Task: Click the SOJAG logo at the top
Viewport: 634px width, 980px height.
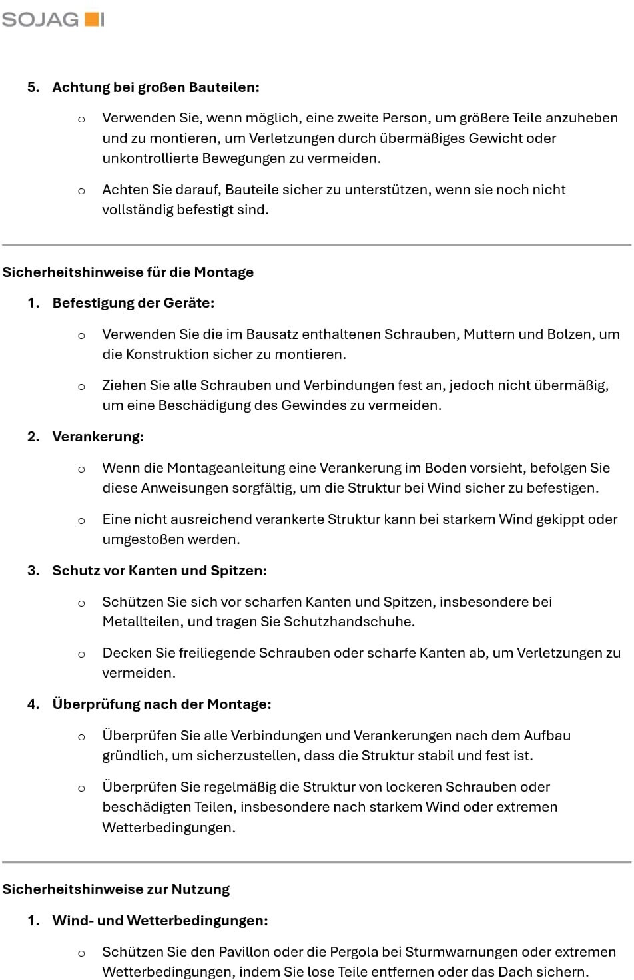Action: coord(53,19)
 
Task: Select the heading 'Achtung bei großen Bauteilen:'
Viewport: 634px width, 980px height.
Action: coord(156,87)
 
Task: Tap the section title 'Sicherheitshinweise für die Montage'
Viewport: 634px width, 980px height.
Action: coord(128,272)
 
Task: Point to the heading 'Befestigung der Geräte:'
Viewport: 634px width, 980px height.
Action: coord(133,303)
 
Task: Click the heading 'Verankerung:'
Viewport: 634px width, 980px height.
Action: coord(98,437)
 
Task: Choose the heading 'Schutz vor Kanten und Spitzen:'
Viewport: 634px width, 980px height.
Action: coord(159,571)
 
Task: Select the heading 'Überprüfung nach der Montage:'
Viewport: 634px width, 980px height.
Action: coord(162,704)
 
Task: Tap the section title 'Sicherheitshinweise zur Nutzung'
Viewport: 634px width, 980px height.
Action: coord(116,889)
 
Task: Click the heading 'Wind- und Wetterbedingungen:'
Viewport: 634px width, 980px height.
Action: coord(160,921)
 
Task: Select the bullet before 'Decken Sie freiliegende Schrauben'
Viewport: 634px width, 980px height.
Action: coord(81,654)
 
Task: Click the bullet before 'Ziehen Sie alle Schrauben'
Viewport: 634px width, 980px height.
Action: coord(81,386)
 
